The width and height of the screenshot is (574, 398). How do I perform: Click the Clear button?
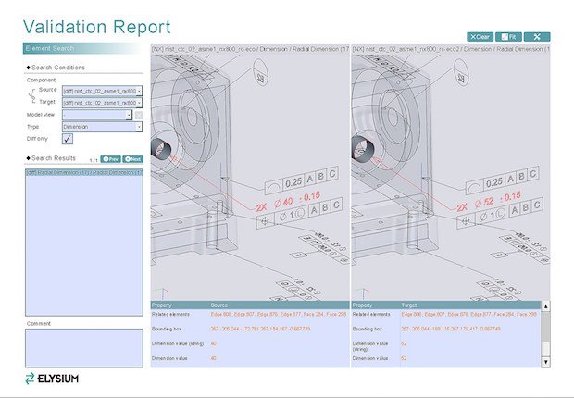pos(480,36)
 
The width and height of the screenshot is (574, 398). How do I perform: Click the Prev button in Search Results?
pos(110,159)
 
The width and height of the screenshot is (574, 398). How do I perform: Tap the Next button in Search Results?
pos(132,159)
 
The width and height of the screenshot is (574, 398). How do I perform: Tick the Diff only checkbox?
pos(68,139)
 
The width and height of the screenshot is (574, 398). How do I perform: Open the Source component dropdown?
pos(102,91)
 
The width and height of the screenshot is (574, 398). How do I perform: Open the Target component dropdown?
pos(102,103)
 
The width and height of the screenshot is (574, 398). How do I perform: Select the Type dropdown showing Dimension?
pos(102,126)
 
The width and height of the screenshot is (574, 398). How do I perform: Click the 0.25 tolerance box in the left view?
pos(293,182)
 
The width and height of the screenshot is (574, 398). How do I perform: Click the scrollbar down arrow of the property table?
pos(544,362)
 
